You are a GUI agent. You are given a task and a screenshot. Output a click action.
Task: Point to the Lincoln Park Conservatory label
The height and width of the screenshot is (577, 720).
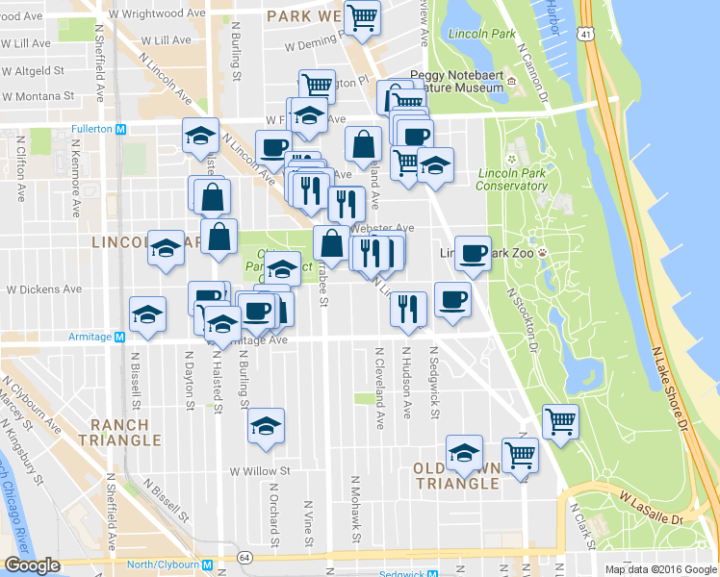512,180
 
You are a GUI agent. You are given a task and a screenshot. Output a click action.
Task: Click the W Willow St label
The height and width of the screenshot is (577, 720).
259,471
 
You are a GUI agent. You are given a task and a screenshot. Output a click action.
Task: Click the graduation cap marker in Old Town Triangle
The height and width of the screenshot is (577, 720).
464,452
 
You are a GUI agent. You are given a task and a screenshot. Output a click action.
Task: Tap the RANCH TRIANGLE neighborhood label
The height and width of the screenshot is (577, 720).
120,432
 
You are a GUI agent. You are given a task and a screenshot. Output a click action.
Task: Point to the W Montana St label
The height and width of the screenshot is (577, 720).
39,96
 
